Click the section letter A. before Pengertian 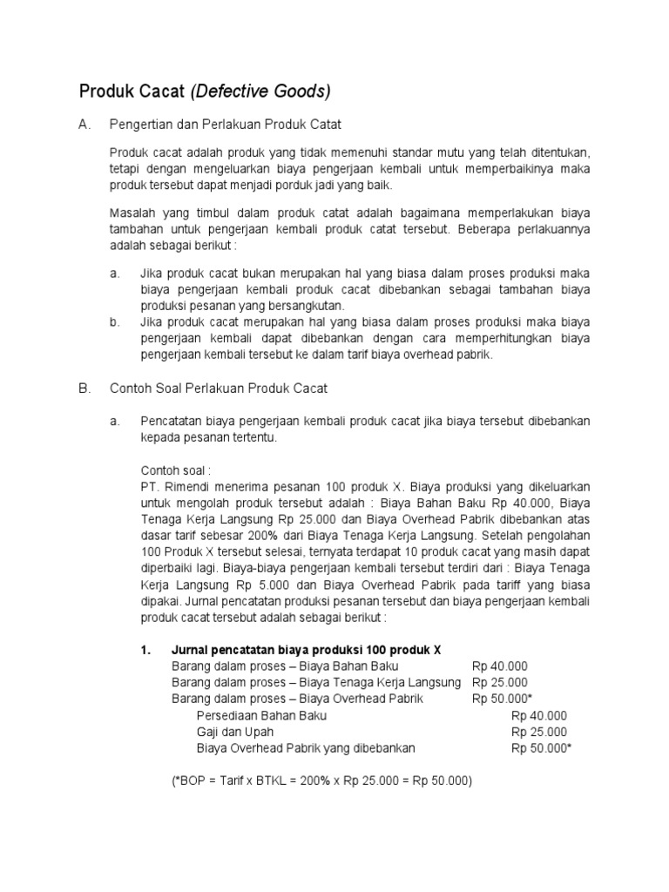coord(85,125)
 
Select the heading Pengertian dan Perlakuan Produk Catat coord(220,125)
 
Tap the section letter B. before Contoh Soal coord(85,389)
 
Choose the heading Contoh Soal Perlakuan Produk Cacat coord(219,389)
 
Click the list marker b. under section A coord(115,322)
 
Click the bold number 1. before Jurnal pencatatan coord(146,650)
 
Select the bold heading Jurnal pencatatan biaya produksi coord(307,650)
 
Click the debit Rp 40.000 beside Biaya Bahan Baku coord(499,666)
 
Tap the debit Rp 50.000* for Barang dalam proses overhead coord(503,699)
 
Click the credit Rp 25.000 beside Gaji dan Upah coord(539,732)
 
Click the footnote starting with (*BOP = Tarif coord(321,781)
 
